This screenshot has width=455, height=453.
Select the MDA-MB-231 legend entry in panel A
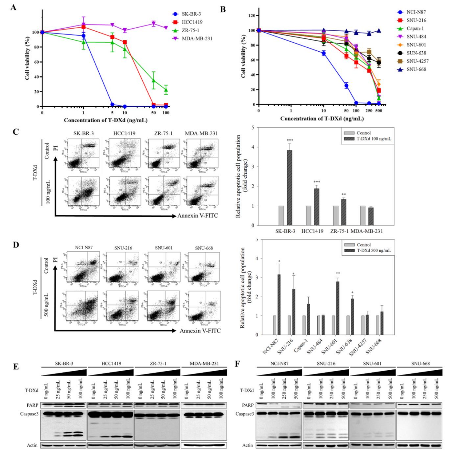[196, 38]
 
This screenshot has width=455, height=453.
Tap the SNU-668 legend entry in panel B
[416, 69]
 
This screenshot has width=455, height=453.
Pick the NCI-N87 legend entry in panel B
[416, 12]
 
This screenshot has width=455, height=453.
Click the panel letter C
[15, 132]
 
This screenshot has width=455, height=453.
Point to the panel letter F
[237, 364]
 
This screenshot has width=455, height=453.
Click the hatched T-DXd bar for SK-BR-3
[289, 187]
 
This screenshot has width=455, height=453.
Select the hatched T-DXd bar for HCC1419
[317, 207]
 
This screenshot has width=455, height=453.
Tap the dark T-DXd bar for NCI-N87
[279, 305]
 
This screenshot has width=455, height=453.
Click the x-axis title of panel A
[106, 120]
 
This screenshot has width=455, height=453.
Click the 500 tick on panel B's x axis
[379, 111]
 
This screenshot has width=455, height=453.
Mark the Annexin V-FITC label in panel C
[198, 216]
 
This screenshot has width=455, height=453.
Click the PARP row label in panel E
[32, 405]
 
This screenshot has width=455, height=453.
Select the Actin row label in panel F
[247, 445]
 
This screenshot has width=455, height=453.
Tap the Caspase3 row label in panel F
[245, 414]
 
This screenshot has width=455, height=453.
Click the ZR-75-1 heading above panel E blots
[158, 363]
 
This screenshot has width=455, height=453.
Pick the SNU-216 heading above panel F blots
[326, 363]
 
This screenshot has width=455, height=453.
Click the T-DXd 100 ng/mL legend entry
[374, 139]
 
